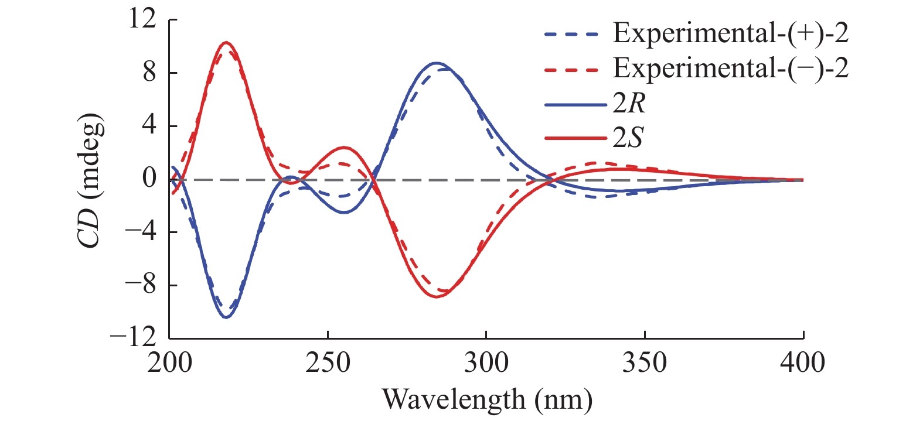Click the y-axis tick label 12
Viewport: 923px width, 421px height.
pyautogui.click(x=143, y=19)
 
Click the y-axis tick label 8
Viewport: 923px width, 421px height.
pyautogui.click(x=149, y=73)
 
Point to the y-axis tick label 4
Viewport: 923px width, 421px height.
pyautogui.click(x=149, y=125)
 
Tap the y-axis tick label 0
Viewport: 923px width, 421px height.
pyautogui.click(x=149, y=179)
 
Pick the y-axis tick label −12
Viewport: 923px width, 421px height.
pyautogui.click(x=133, y=338)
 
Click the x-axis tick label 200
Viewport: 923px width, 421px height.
pyautogui.click(x=169, y=362)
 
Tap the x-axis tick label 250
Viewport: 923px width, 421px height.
pyautogui.click(x=328, y=362)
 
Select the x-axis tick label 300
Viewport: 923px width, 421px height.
pyautogui.click(x=486, y=362)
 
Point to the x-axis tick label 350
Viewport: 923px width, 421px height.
pyautogui.click(x=645, y=362)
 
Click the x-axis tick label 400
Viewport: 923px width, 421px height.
pyautogui.click(x=803, y=362)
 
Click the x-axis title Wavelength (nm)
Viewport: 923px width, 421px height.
pyautogui.click(x=487, y=399)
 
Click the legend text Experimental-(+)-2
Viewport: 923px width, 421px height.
pyautogui.click(x=730, y=33)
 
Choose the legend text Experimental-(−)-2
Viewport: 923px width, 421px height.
pyautogui.click(x=730, y=69)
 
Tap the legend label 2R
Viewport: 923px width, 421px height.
pyautogui.click(x=629, y=104)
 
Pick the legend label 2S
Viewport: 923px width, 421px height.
pyautogui.click(x=628, y=138)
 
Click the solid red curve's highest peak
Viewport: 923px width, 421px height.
pyautogui.click(x=226, y=42)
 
